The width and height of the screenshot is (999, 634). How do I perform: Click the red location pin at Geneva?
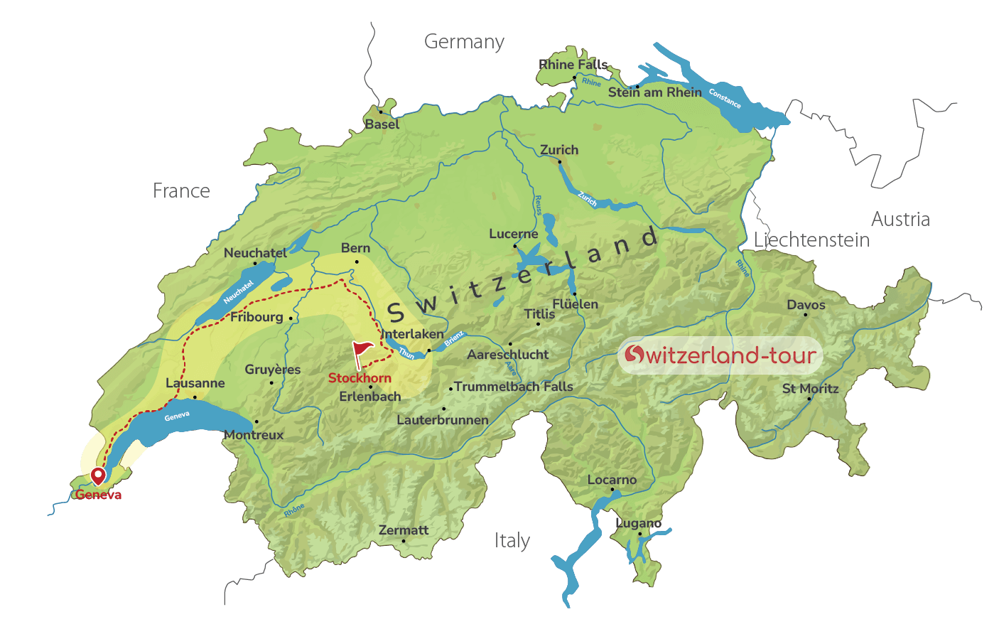98,476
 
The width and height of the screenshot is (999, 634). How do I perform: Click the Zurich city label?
559,150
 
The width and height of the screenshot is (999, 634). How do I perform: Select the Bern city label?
355,248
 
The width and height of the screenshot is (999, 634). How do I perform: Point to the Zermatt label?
404,530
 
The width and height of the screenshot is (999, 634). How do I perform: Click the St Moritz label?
810,389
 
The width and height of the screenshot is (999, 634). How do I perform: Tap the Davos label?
806,305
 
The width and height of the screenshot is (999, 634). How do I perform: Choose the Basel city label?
382,124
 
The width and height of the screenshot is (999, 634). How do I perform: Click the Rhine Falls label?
573,65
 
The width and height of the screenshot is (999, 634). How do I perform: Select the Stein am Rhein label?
654,92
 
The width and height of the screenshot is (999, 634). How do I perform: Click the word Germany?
464,42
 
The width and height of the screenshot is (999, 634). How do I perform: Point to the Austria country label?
900,219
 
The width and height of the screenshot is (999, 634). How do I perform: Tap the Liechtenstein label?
811,240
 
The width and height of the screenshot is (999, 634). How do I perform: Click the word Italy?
512,541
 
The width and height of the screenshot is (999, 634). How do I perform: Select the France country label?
181,190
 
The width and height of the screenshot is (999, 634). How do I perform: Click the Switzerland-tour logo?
720,355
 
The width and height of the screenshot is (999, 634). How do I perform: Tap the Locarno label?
612,480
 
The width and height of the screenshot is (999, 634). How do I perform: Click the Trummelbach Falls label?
513,387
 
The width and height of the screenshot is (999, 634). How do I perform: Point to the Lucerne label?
513,234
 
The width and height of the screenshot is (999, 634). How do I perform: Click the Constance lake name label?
725,99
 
